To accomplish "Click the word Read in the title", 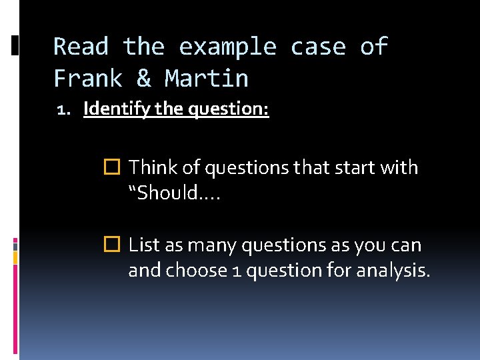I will tap(81, 47).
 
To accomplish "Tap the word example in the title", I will tap(227, 47).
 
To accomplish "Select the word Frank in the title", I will tap(88, 79).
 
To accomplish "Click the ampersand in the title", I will tap(144, 79).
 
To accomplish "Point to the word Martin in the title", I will tap(207, 79).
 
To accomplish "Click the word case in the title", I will tap(318, 47).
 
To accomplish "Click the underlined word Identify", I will tap(117, 108).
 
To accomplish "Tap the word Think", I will tap(150, 167).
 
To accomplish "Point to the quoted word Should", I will tap(167, 193).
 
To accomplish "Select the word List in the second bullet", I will tap(142, 245).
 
